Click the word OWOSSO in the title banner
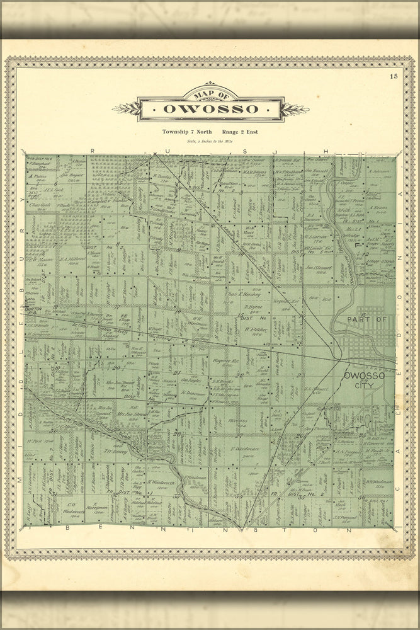[x=210, y=108]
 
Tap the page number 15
[x=394, y=76]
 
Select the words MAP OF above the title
[x=210, y=94]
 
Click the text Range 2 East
[x=239, y=132]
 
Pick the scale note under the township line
[x=210, y=141]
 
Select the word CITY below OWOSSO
[x=364, y=385]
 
